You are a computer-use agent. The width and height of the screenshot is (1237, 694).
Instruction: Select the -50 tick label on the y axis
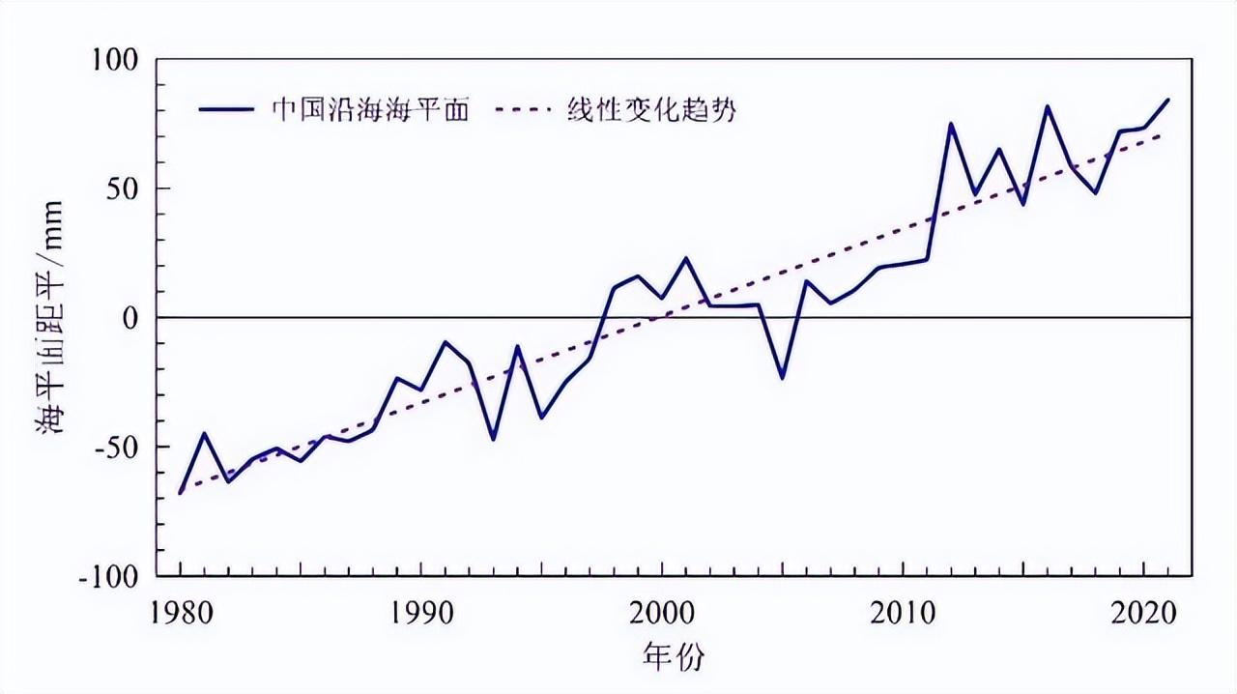[122, 448]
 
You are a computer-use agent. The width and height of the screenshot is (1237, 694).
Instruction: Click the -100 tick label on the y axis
[115, 576]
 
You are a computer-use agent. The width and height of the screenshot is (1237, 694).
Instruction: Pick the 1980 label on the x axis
[180, 616]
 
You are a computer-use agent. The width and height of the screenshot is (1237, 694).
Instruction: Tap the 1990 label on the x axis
[420, 616]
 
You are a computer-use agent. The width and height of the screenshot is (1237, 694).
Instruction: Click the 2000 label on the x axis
[661, 616]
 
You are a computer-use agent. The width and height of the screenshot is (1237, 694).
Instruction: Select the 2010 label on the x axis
[903, 616]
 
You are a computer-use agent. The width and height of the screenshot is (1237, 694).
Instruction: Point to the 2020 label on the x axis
[1143, 616]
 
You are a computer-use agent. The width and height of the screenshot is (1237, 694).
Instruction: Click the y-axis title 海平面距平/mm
[50, 318]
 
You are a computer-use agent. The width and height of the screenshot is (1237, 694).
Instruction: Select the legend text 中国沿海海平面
[370, 109]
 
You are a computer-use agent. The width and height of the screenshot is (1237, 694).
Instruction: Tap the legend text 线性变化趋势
[652, 109]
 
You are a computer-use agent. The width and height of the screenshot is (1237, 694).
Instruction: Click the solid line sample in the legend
[227, 109]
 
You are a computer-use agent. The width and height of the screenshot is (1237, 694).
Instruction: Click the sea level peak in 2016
[1048, 106]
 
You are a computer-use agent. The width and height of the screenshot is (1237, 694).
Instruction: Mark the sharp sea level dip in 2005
[783, 378]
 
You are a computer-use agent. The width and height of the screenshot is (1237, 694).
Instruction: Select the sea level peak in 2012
[951, 124]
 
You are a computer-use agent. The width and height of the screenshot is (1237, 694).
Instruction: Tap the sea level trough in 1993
[493, 439]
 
